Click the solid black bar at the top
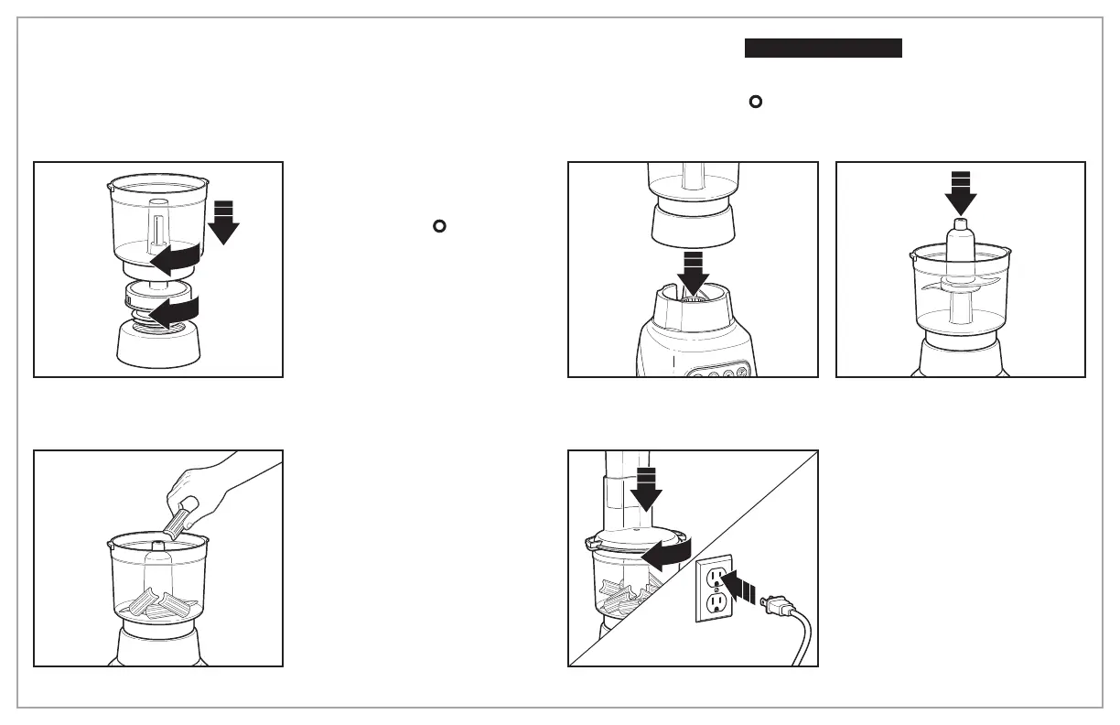pyautogui.click(x=823, y=49)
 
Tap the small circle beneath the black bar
pyautogui.click(x=756, y=102)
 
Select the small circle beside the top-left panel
pyautogui.click(x=438, y=225)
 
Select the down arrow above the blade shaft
pyautogui.click(x=961, y=192)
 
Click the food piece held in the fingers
pyautogui.click(x=178, y=518)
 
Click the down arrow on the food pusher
pyautogui.click(x=647, y=487)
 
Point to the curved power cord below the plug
pyautogui.click(x=800, y=641)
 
